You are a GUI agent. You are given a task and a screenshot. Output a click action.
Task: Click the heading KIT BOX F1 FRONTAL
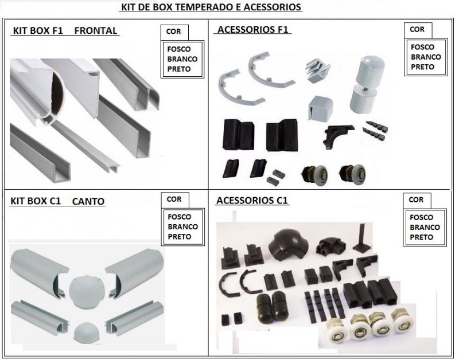pos(65,30)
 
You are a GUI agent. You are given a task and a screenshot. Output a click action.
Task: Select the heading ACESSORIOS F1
pos(253,30)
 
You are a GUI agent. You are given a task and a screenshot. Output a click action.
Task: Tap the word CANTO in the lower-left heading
pos(88,201)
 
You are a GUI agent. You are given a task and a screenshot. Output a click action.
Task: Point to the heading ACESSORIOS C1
pos(252,200)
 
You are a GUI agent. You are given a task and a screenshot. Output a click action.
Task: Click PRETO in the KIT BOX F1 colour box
pos(179,69)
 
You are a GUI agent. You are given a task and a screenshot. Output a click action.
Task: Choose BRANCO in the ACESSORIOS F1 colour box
pos(426,57)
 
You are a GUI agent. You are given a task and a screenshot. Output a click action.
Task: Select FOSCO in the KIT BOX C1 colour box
pos(180,217)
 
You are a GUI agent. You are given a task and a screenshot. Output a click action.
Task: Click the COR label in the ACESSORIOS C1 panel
pos(416,199)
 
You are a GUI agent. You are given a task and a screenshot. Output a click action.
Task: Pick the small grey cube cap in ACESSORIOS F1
pos(320,107)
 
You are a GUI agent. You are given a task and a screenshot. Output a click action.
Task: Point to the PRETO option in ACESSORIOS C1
pos(422,237)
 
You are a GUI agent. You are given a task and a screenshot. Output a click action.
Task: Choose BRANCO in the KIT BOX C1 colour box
pos(183,226)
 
